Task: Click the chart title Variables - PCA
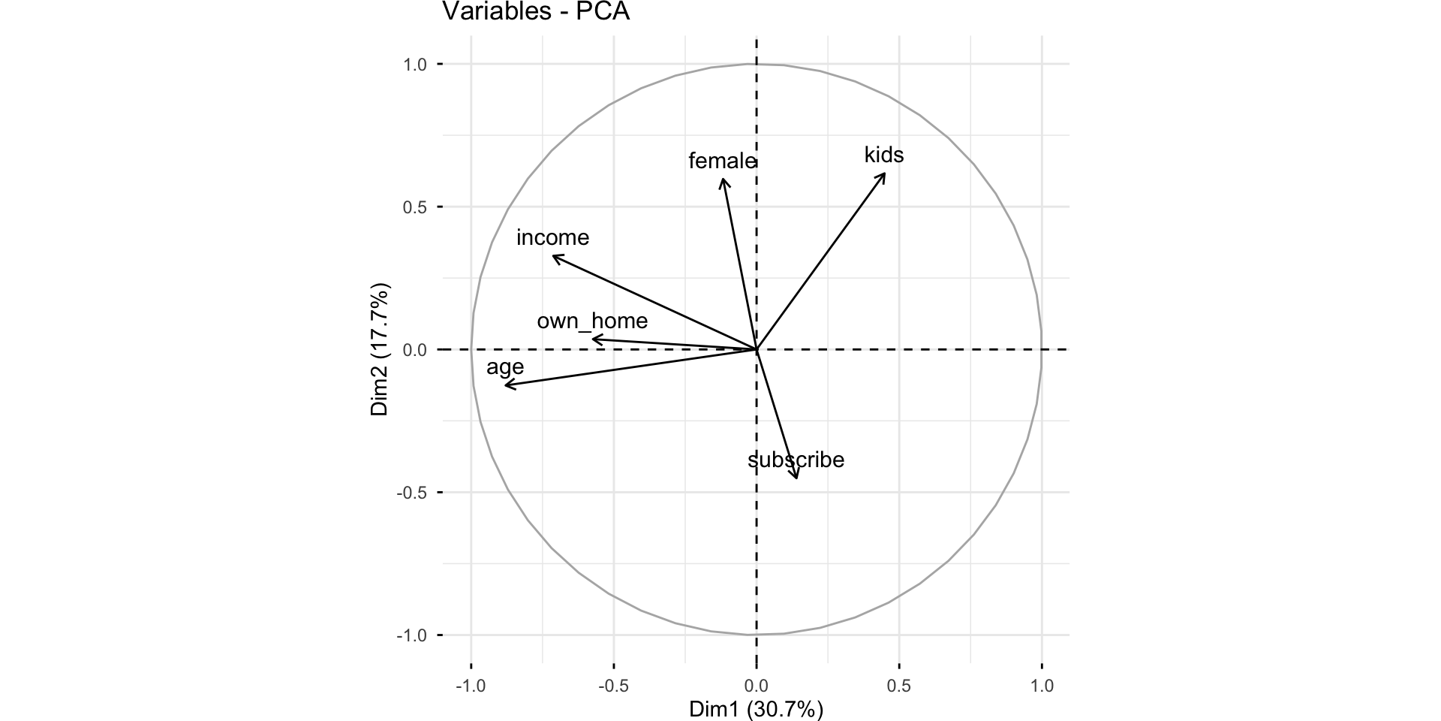click(536, 12)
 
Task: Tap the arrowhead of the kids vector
click(885, 173)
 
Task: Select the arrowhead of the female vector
click(722, 179)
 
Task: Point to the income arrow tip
click(553, 256)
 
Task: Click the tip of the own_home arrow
click(593, 339)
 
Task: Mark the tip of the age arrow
click(504, 386)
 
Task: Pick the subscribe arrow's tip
click(796, 478)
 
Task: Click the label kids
click(884, 155)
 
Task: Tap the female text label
click(722, 161)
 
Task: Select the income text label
click(553, 237)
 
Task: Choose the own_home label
click(592, 321)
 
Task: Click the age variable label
click(505, 367)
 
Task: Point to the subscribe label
click(796, 460)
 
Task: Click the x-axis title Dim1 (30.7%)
click(756, 709)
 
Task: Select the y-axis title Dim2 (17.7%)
click(381, 349)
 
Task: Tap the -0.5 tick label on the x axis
click(613, 686)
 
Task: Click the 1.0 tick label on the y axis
click(415, 65)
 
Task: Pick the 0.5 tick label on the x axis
click(899, 686)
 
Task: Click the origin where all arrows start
click(757, 349)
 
